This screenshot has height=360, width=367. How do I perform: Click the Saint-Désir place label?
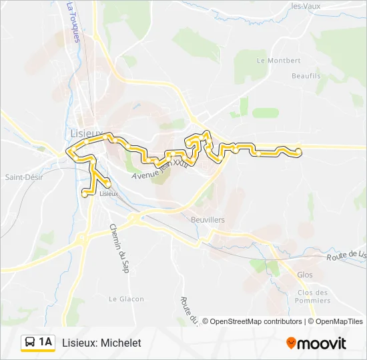[x=24, y=177]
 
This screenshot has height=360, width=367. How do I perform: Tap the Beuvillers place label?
[x=207, y=219]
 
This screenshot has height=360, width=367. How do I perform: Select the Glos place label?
[x=304, y=275]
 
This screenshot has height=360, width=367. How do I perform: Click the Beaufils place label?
[x=306, y=76]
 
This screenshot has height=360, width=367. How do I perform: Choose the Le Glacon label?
[x=126, y=299]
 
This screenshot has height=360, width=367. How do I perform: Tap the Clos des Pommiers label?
[x=313, y=296]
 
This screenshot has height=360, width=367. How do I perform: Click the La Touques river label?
[x=73, y=22]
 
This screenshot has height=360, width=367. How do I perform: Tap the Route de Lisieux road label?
[x=347, y=256]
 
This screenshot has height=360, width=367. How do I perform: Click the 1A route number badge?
[x=45, y=342]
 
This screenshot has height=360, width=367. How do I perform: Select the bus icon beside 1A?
[x=31, y=343]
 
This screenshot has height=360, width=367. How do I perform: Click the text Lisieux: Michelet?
[x=101, y=343]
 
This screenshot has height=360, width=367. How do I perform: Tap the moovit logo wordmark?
[x=322, y=343]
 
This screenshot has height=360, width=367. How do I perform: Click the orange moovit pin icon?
[x=291, y=343]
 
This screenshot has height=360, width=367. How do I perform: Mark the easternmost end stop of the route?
[x=298, y=153]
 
